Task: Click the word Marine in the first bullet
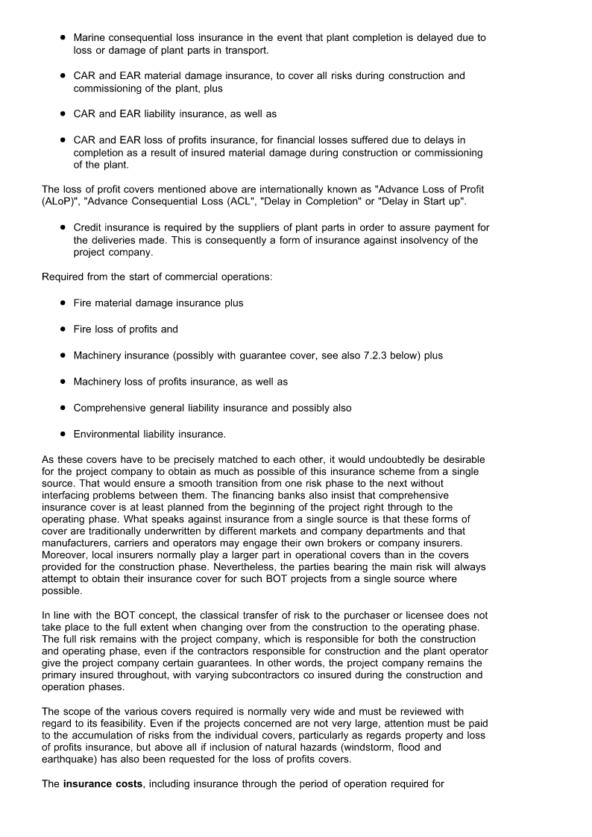[x=89, y=37]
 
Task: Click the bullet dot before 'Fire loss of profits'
[x=63, y=329]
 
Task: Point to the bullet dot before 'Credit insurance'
[x=63, y=227]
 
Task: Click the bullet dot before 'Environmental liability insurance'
[x=63, y=434]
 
